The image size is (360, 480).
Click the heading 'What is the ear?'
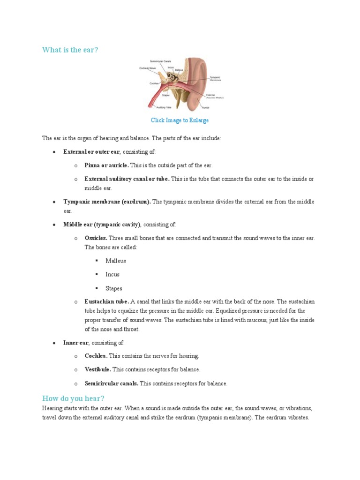[x=70, y=50]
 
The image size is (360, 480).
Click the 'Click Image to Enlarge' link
[x=180, y=120]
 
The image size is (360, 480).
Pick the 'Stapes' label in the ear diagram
[x=166, y=95]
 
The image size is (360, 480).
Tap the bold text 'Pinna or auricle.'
[x=106, y=165]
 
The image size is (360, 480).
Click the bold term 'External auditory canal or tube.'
[x=127, y=179]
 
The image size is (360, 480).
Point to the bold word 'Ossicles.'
[x=96, y=238]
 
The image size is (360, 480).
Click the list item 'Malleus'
[x=116, y=261]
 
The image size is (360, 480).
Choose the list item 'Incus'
[x=112, y=274]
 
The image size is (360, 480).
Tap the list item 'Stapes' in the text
[x=114, y=288]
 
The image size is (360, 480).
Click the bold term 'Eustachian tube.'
[x=106, y=301]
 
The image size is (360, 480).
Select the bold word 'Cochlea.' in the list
[x=96, y=356]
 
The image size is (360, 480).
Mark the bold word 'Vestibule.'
[x=98, y=369]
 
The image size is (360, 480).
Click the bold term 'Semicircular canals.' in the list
[x=112, y=383]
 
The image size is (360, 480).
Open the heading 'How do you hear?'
[x=73, y=398]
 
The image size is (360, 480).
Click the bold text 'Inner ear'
[x=76, y=343]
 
